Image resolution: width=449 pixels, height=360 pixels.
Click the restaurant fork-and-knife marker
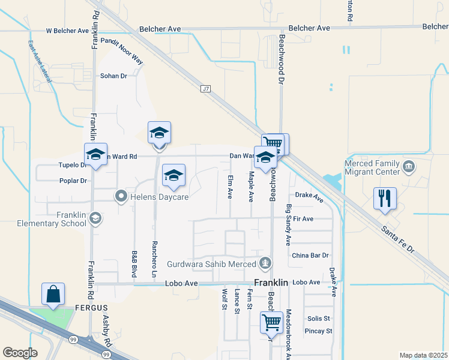[385, 199]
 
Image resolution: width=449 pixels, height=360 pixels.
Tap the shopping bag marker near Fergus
[53, 295]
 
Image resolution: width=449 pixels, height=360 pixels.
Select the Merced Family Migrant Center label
[372, 167]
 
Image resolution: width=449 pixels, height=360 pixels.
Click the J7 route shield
[206, 89]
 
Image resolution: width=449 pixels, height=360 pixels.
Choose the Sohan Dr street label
[114, 76]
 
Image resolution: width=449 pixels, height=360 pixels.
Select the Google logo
[20, 352]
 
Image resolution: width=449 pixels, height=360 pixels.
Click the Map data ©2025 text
[423, 355]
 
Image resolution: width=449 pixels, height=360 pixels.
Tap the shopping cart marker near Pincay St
[271, 323]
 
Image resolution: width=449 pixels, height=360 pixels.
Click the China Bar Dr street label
[310, 256]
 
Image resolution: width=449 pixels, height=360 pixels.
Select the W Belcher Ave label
[68, 31]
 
